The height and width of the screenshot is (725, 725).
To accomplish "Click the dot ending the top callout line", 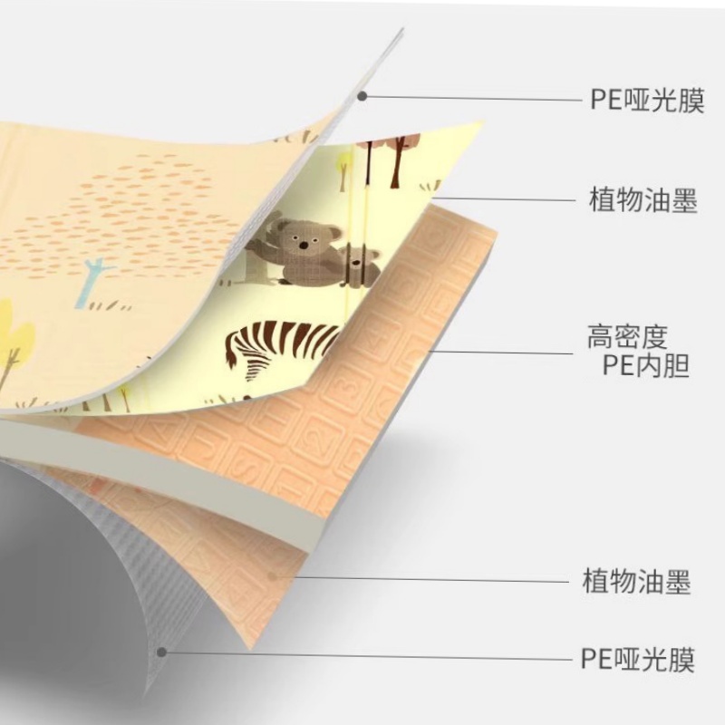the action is click(x=362, y=95).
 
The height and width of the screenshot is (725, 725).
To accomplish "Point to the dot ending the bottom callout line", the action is click(x=162, y=650).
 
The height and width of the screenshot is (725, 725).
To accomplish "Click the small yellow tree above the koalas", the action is click(x=343, y=164).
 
